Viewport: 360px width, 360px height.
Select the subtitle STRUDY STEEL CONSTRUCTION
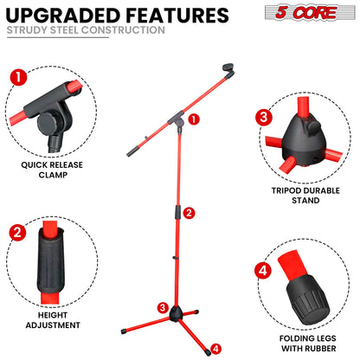click(85, 30)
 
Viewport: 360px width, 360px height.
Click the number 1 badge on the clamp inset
click(16, 76)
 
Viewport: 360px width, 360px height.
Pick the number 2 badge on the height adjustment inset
click(16, 232)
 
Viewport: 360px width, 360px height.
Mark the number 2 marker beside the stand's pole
click(190, 212)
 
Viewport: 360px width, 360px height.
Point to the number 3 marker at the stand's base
click(162, 307)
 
